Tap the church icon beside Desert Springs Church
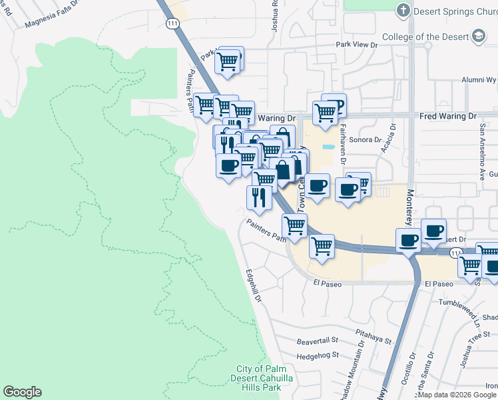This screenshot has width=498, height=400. point(403,11)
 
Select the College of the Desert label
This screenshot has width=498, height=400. point(425,37)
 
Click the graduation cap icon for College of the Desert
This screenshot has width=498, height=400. point(478,36)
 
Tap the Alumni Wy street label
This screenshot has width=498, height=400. point(479,79)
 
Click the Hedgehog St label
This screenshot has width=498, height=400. point(317,355)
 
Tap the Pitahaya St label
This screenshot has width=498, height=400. point(373,339)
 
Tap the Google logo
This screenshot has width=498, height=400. point(22,392)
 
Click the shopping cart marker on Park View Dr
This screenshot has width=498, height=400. point(228,61)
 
